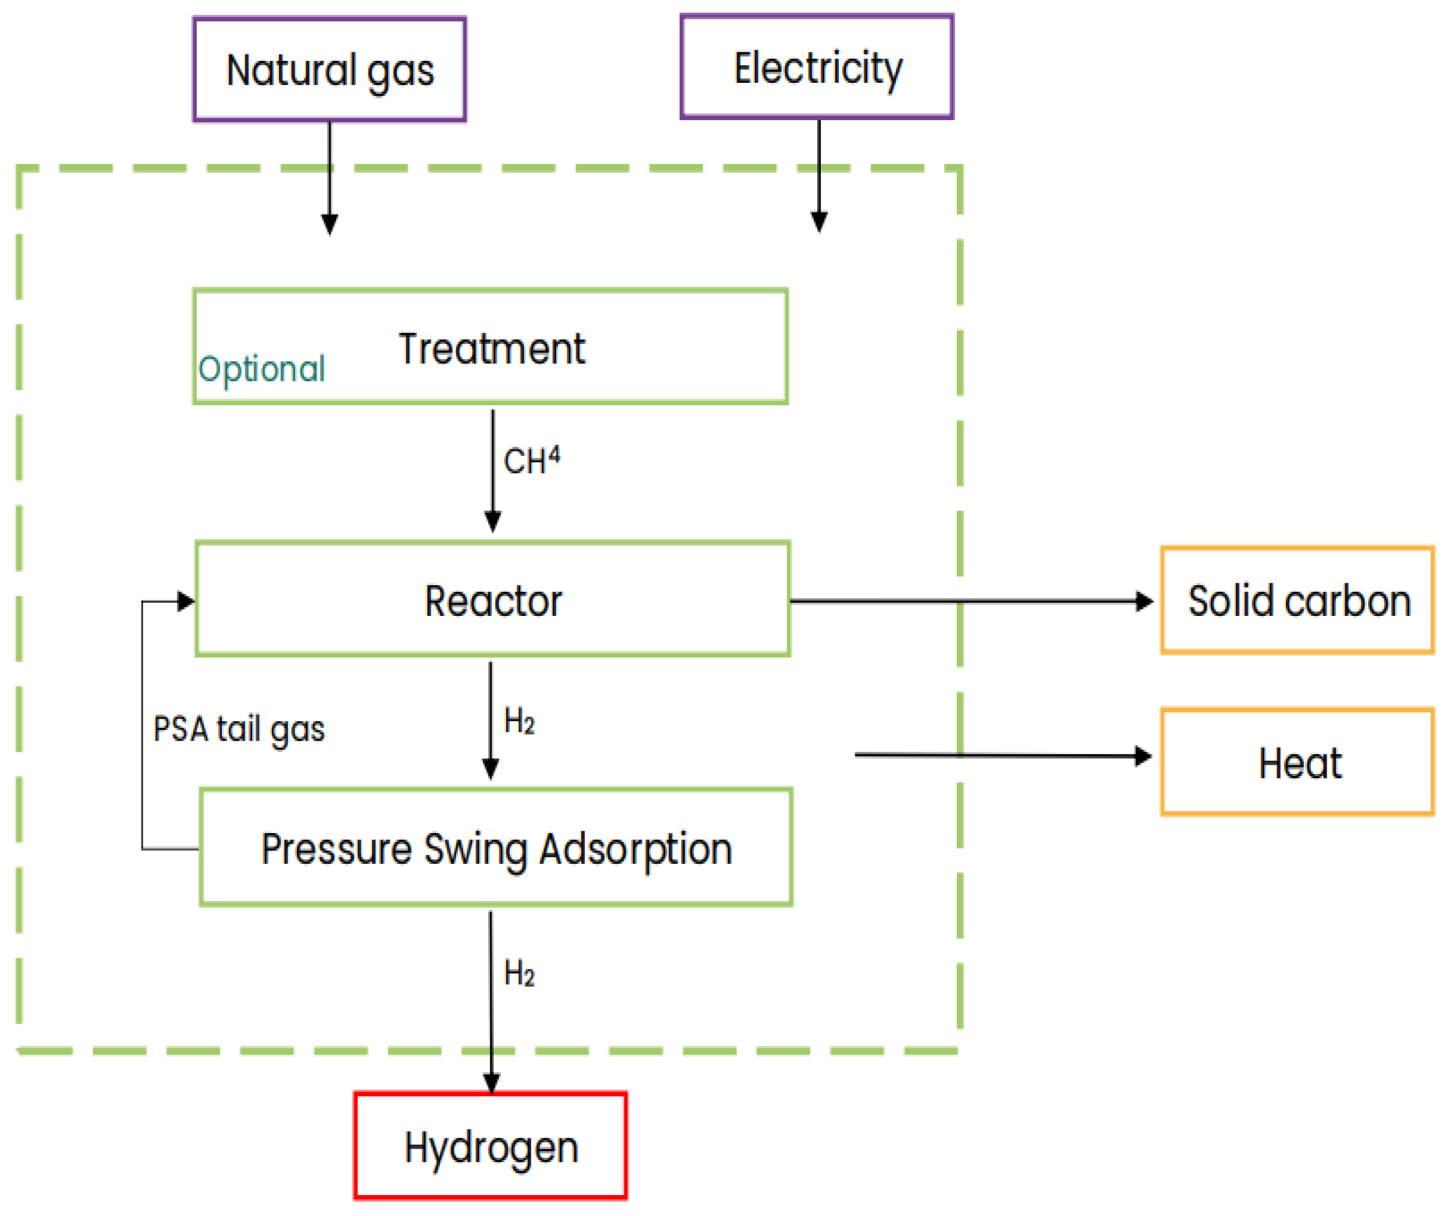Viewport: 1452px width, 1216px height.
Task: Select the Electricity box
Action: coord(817,67)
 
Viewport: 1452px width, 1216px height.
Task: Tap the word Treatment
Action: coord(492,349)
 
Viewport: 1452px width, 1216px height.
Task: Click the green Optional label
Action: coord(261,369)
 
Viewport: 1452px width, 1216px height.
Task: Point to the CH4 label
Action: coord(531,461)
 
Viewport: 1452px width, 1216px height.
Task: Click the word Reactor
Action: coord(493,600)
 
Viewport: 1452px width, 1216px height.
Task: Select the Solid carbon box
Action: coord(1298,600)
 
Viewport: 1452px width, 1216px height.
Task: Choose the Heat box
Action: coord(1298,763)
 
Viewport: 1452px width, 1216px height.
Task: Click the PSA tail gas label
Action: coord(239,729)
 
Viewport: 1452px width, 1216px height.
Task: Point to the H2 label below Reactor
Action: coord(519,721)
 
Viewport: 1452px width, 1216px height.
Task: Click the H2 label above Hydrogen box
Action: coord(519,973)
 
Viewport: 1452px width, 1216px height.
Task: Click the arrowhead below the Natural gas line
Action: coord(330,224)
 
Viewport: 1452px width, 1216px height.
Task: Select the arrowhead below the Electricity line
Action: coord(819,222)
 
